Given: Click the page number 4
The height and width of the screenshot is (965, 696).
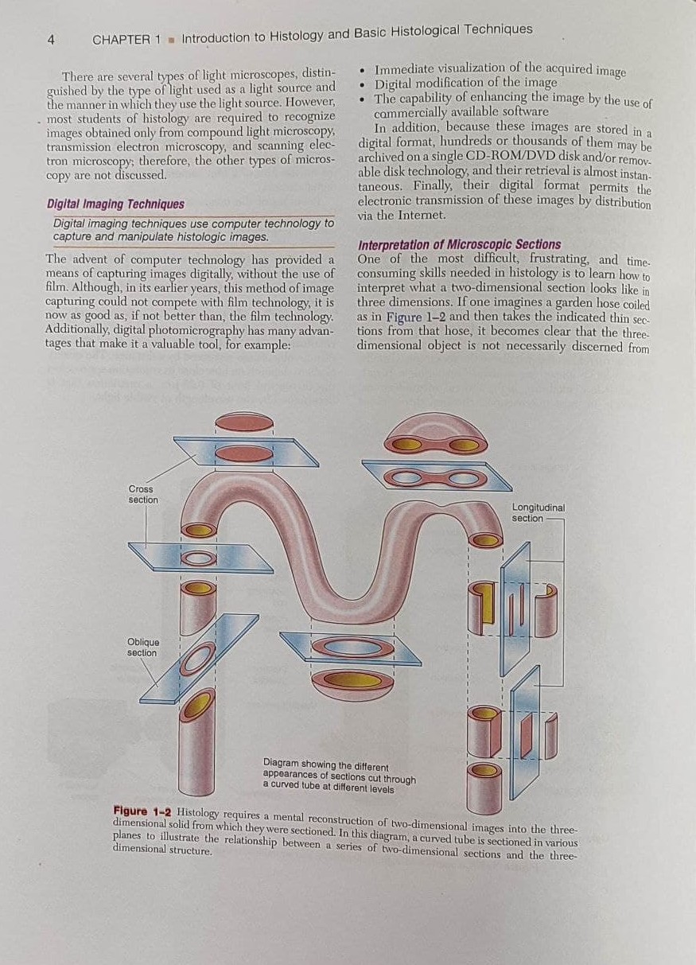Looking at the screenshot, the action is coord(51,41).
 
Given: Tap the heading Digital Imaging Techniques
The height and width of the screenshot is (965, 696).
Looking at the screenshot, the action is coord(115,204).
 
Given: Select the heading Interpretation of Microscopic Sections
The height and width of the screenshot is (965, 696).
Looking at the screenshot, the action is coord(460,245).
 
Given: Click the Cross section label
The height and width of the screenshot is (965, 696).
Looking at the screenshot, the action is coord(143,494).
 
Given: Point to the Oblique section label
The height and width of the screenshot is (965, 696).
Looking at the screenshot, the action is coord(143,647).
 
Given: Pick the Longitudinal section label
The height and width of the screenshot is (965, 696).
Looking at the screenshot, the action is coord(538,512).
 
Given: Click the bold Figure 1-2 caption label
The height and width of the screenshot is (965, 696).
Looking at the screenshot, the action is coord(142,811).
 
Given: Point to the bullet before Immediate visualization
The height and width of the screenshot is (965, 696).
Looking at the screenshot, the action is coord(364,70).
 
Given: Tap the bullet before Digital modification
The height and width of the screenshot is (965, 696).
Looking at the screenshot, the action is coord(364,84).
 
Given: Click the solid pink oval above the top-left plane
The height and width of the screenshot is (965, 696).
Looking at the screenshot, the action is coord(244,422).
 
